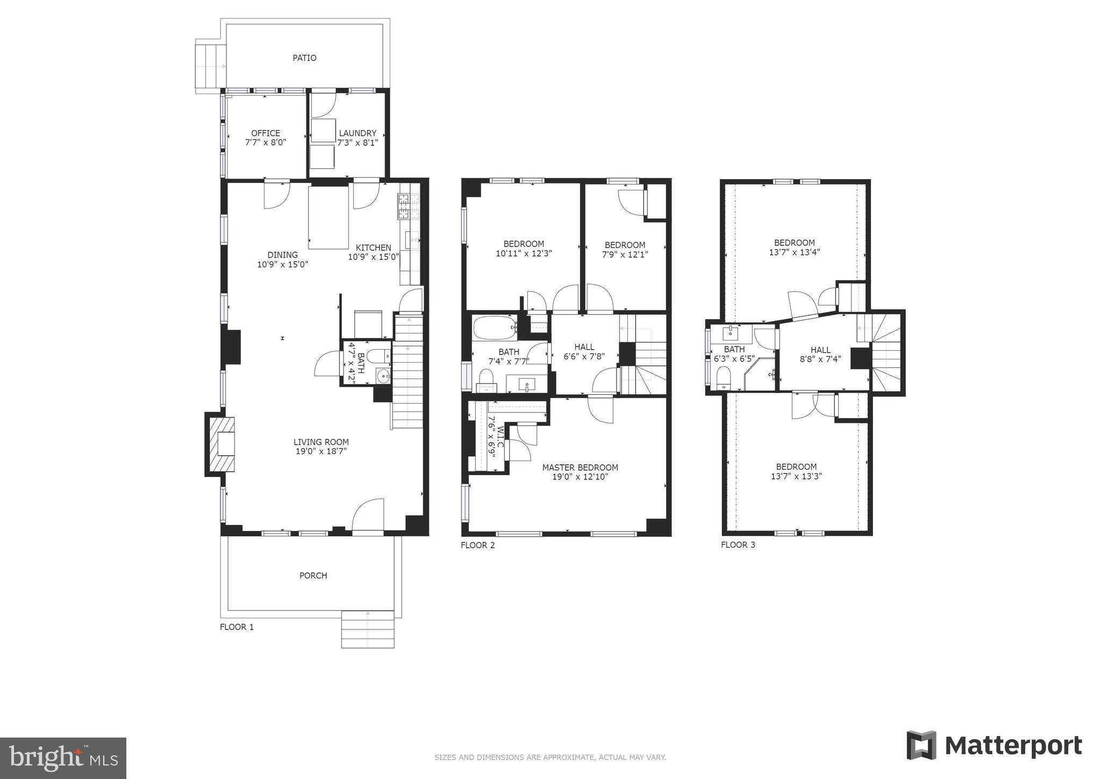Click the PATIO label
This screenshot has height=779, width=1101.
(304, 58)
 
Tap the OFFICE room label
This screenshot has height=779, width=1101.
(266, 133)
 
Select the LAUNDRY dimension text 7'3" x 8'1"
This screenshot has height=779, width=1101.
(358, 143)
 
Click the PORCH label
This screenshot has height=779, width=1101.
(313, 576)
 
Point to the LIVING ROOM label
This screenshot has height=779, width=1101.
(321, 442)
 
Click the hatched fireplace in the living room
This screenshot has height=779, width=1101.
(222, 444)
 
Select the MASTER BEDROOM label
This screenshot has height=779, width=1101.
(580, 468)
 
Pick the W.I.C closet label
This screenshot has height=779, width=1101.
(500, 437)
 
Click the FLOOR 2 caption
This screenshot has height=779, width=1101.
(478, 545)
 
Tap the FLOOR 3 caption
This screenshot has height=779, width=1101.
(738, 544)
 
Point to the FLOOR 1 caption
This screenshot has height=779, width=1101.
(237, 627)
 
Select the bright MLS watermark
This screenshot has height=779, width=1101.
(63, 758)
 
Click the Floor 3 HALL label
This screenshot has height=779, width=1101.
(820, 350)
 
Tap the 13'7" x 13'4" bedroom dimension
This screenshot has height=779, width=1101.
(795, 252)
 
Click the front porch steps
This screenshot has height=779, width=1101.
(368, 629)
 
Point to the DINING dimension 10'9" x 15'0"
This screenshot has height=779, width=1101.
(283, 264)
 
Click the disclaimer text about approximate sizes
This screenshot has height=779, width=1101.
(550, 757)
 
